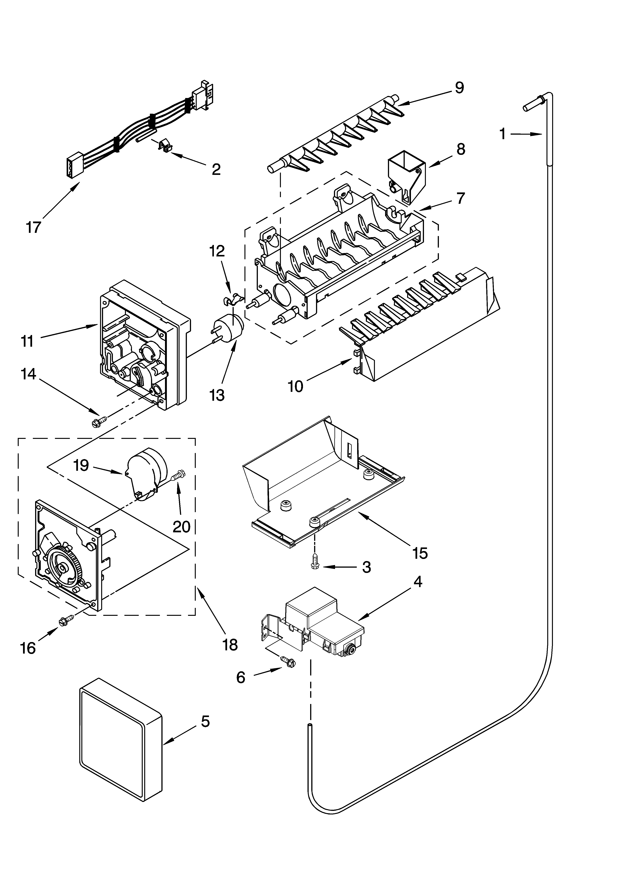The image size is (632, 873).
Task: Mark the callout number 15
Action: pyautogui.click(x=419, y=553)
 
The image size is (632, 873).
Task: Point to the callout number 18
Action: pyautogui.click(x=230, y=644)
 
